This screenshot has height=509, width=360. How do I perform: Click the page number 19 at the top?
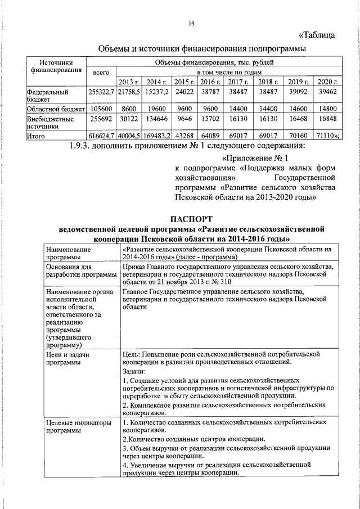pyautogui.click(x=191, y=23)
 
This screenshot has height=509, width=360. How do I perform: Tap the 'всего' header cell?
pyautogui.click(x=101, y=73)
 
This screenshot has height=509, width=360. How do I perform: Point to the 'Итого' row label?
pyautogui.click(x=37, y=136)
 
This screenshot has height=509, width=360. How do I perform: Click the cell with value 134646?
pyautogui.click(x=156, y=120)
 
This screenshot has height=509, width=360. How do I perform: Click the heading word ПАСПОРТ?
pyautogui.click(x=192, y=219)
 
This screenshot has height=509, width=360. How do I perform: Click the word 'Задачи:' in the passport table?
pyautogui.click(x=134, y=371)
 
